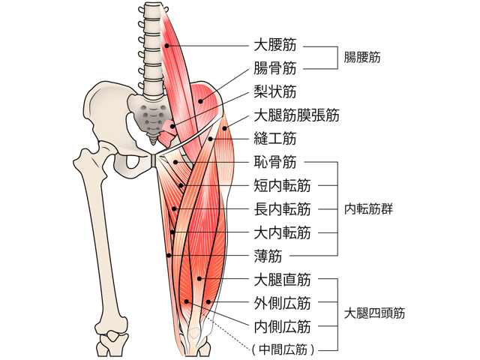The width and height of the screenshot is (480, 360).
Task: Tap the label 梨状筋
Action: coord(274,92)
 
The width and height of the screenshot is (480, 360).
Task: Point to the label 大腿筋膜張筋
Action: coord(296,115)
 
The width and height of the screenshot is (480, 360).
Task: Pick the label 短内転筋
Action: coord(283,185)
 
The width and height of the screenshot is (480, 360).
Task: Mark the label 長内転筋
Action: coord(283,208)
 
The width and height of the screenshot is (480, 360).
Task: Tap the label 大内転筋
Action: coord(283,232)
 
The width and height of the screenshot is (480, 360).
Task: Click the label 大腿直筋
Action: coord(283,280)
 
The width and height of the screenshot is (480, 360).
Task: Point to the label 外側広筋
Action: coord(283,303)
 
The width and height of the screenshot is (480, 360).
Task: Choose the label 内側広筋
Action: coord(283,326)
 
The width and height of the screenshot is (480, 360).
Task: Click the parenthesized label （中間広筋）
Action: coord(283,348)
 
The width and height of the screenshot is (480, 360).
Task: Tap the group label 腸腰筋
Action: coord(362,57)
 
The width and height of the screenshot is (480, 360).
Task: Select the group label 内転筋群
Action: coord(368,208)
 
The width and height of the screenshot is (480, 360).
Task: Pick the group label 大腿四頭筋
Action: coord(374,313)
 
